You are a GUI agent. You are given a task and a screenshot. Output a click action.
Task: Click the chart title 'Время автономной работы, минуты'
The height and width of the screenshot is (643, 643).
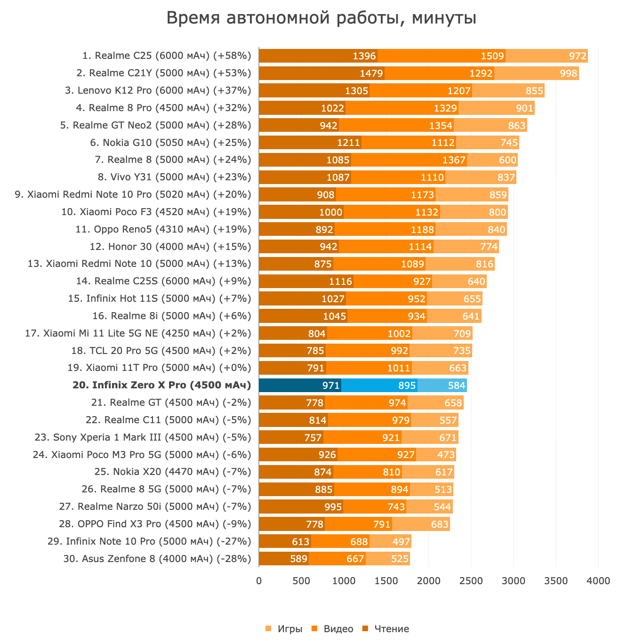321,18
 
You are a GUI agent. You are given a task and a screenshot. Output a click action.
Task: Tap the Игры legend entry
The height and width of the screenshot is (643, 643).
284,629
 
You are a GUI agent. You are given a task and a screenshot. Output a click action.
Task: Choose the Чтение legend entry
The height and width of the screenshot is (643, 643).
386,629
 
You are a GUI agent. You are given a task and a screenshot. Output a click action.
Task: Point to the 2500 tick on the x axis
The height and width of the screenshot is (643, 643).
471,581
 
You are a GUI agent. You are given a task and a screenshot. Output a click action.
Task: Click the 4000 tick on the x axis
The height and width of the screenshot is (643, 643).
598,581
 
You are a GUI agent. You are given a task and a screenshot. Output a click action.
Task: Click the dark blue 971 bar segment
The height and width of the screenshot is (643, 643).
300,386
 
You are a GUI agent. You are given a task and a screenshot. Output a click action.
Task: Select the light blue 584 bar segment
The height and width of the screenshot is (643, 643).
442,386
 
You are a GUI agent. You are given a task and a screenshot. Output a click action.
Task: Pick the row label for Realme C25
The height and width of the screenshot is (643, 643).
167,56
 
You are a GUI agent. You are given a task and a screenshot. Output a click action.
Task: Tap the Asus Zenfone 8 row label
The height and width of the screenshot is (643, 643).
157,559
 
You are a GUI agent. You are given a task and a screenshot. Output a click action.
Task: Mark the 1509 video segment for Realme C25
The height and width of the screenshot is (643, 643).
442,56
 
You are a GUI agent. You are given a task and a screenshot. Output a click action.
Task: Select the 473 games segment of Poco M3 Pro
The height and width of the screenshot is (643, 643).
436,455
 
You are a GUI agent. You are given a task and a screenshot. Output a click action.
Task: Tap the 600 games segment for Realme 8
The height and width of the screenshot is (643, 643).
492,160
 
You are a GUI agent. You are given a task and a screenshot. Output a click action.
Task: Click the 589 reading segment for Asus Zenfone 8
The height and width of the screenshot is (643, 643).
284,559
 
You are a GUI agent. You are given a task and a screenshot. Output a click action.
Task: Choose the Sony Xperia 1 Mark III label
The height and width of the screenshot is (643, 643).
143,437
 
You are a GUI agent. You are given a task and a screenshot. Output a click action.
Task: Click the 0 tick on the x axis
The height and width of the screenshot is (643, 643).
259,581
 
